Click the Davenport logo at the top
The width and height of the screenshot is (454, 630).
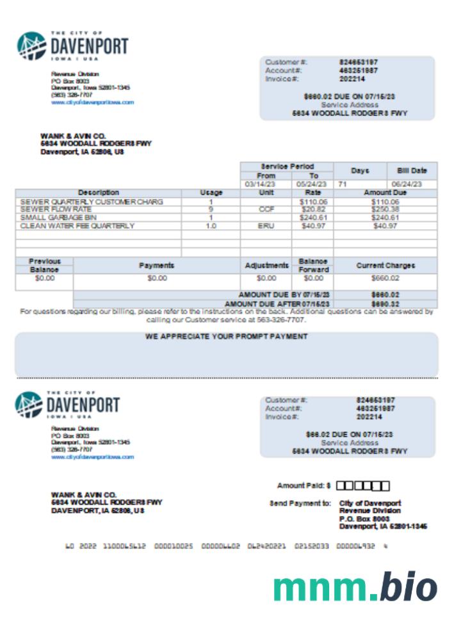click(x=72, y=45)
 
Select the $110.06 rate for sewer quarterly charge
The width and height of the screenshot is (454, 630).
click(x=312, y=202)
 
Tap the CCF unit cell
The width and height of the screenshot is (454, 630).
click(x=266, y=209)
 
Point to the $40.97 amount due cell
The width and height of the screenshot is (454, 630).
click(x=385, y=226)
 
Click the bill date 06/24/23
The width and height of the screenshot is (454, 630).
click(x=412, y=184)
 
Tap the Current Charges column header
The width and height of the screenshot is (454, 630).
click(x=385, y=265)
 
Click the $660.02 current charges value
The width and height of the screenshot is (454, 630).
click(x=385, y=279)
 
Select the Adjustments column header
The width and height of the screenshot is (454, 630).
click(x=266, y=265)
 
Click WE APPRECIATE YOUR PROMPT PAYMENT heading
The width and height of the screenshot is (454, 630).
click(x=227, y=336)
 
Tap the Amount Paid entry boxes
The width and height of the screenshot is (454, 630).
click(x=362, y=486)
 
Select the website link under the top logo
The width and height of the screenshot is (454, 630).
click(x=92, y=102)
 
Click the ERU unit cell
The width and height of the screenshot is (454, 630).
click(x=266, y=226)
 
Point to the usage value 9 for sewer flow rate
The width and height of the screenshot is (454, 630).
click(x=211, y=209)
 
